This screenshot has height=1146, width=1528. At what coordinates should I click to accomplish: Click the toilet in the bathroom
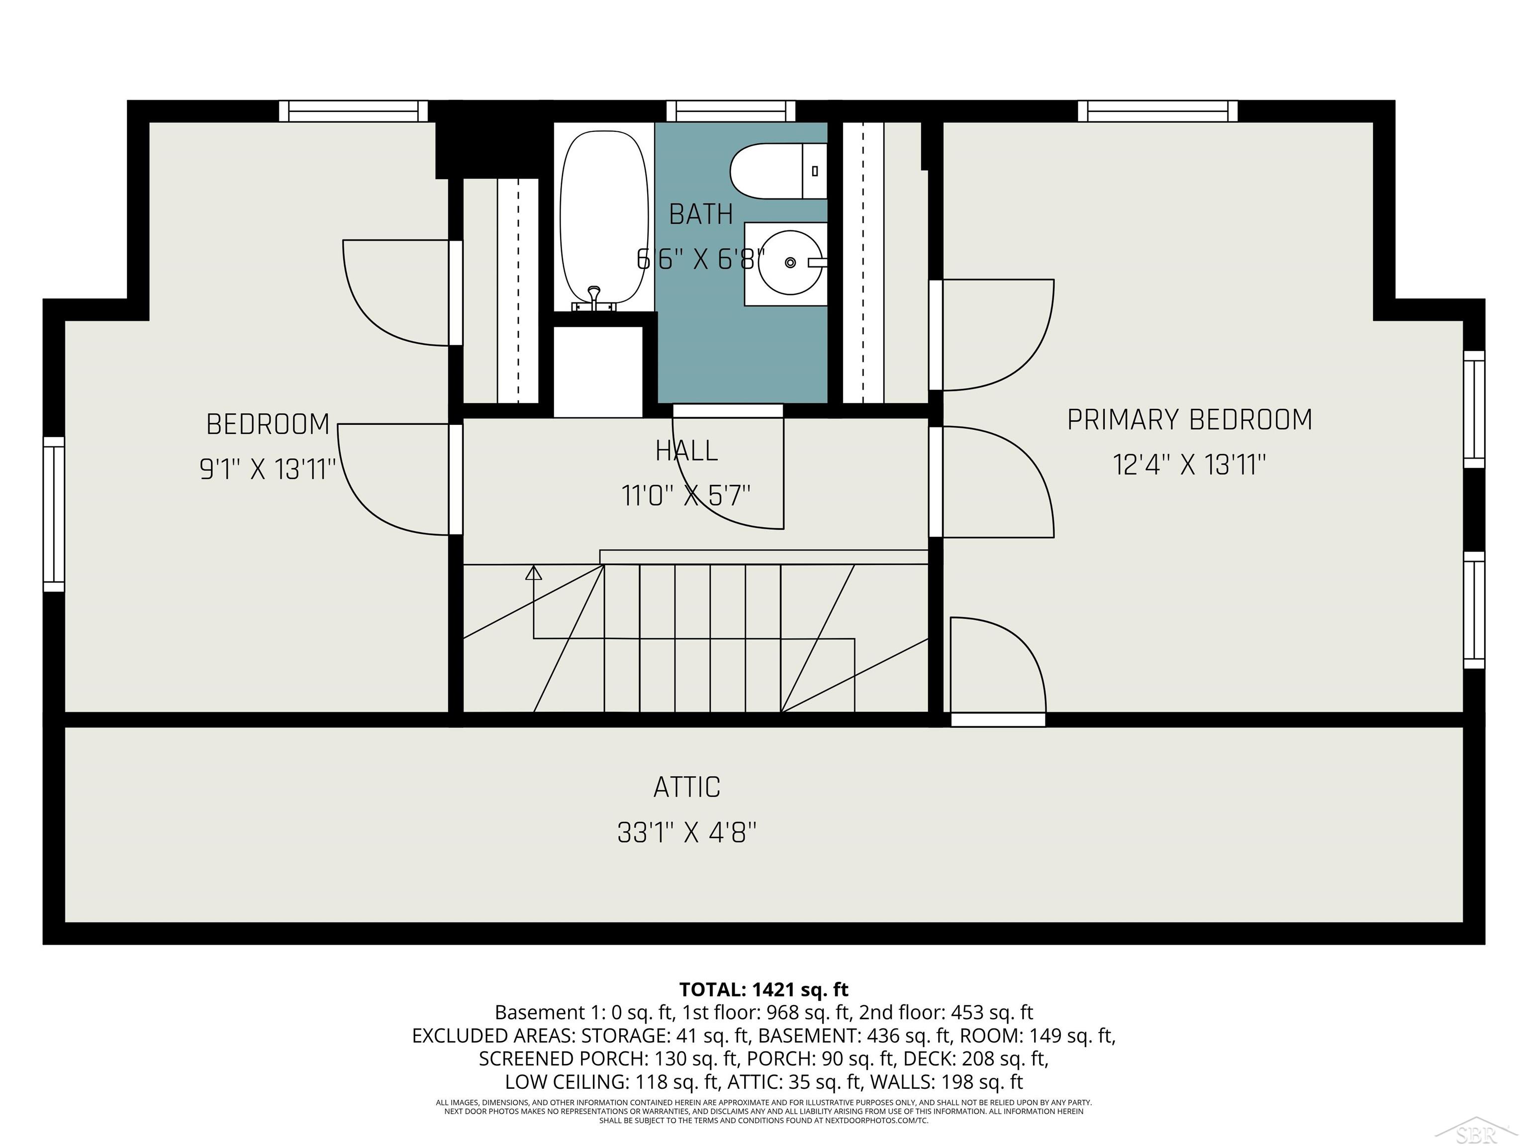point(773,171)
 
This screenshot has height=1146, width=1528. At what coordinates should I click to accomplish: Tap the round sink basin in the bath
point(790,263)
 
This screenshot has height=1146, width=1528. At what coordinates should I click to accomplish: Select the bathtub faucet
point(594,298)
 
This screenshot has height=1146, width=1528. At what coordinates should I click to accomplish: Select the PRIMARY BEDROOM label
point(1189,420)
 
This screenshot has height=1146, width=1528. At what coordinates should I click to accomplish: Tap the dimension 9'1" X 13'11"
point(267,470)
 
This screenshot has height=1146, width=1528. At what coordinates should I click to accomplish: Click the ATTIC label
point(686,787)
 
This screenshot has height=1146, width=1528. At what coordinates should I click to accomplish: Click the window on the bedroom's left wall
point(54,514)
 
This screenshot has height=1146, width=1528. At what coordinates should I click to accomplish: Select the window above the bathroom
point(730,111)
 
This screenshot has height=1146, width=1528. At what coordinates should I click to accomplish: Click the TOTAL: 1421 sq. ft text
point(764,990)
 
